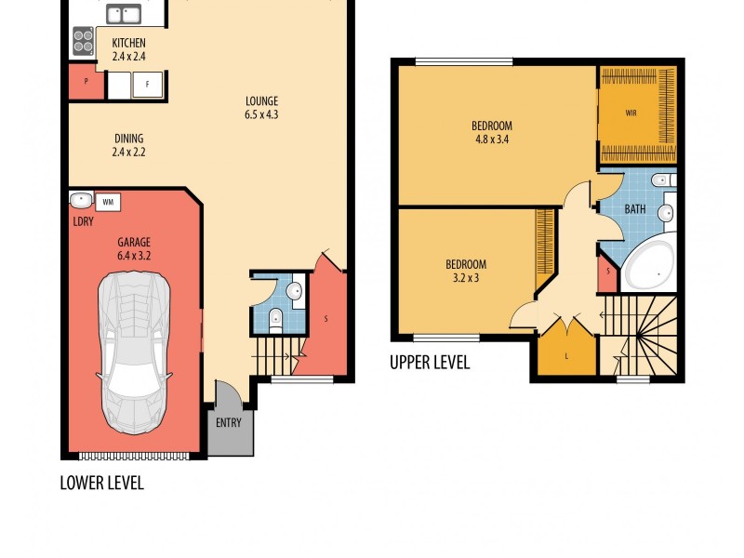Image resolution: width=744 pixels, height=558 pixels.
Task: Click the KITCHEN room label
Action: [x=128, y=49]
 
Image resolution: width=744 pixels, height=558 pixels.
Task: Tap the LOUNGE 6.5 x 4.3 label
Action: [x=261, y=108]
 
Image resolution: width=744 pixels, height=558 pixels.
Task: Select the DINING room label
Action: [x=128, y=144]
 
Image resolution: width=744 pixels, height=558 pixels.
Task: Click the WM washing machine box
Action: [x=107, y=201]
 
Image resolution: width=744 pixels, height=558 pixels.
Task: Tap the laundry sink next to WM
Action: [x=80, y=200]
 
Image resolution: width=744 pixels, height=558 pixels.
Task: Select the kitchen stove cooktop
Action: [x=82, y=39]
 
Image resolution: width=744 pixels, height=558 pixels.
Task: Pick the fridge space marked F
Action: [x=146, y=85]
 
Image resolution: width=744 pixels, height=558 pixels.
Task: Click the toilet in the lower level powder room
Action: [x=275, y=322]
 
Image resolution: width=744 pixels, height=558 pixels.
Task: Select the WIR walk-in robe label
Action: [x=631, y=113]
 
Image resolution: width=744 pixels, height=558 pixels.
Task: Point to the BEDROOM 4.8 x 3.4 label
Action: [x=491, y=132]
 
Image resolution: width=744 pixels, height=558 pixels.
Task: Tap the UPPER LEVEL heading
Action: [x=430, y=363]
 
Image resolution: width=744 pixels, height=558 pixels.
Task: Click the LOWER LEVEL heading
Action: [x=101, y=483]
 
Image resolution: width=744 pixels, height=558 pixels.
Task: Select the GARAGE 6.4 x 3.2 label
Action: [x=134, y=248]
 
